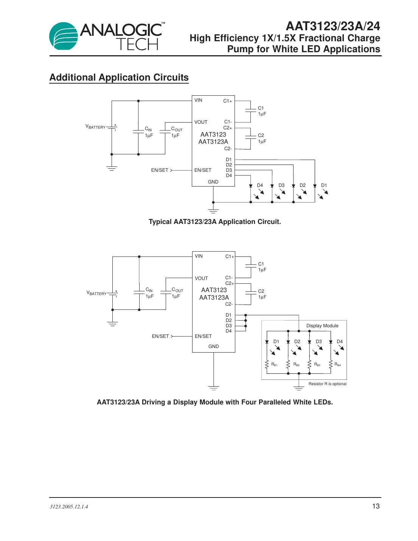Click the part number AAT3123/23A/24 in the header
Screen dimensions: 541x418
click(x=333, y=26)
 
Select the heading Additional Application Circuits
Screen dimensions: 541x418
click(x=119, y=78)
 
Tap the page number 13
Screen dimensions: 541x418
click(x=376, y=506)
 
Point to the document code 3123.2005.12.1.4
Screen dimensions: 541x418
click(x=69, y=507)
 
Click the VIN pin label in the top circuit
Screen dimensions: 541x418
click(x=198, y=100)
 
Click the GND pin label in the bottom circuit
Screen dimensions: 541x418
click(x=213, y=346)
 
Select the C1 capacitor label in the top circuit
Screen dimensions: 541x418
click(x=261, y=108)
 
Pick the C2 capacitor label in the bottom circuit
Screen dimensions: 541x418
click(x=261, y=291)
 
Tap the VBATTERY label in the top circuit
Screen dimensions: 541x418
click(x=95, y=127)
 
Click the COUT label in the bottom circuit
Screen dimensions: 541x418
click(x=177, y=290)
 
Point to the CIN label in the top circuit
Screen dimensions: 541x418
click(x=148, y=129)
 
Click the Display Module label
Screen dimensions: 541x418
click(x=322, y=326)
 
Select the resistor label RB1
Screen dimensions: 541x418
click(x=274, y=364)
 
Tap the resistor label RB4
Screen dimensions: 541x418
click(x=337, y=364)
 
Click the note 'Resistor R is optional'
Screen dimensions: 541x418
click(x=327, y=384)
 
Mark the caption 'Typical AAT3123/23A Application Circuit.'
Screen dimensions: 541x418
click(x=214, y=222)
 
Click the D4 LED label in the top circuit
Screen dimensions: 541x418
click(x=260, y=185)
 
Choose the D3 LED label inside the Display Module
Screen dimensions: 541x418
click(x=319, y=342)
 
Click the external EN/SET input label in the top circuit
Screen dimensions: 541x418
click(x=160, y=170)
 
